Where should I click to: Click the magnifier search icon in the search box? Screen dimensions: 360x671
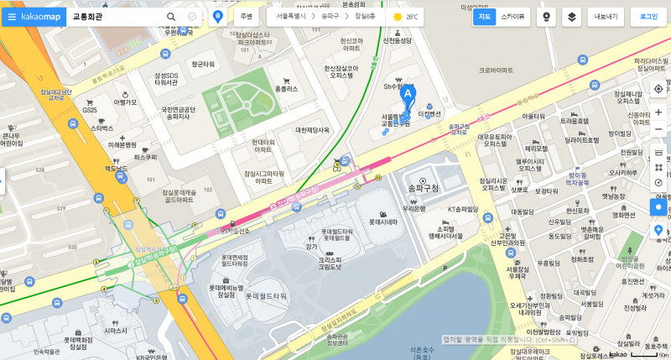(x=171, y=16)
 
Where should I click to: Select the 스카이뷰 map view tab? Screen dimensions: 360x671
(x=513, y=16)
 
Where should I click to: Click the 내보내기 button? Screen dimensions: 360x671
(x=605, y=16)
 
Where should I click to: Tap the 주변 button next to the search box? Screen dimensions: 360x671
(x=246, y=16)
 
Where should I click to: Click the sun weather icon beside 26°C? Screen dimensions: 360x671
(x=397, y=16)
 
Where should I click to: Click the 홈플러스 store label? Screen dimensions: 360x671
(x=286, y=88)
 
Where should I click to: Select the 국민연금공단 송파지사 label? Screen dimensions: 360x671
(x=172, y=113)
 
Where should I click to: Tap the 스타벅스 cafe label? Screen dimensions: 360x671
(x=101, y=128)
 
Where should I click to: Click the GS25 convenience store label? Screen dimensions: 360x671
(x=90, y=110)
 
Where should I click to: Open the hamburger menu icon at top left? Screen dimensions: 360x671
(x=12, y=16)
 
